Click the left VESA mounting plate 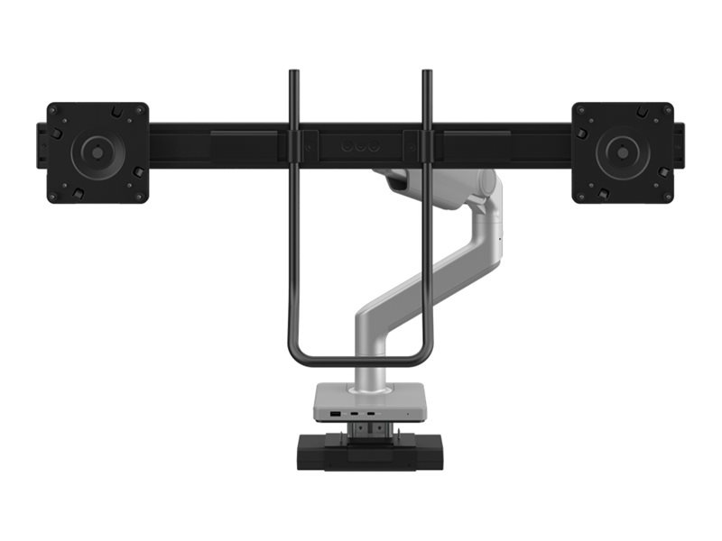coord(97,152)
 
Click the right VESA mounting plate coord(622,152)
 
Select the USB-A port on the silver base coord(337,414)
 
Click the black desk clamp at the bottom coord(369,452)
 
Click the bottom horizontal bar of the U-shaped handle coord(360,362)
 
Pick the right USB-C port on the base coord(371,414)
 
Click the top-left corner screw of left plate coord(54,109)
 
